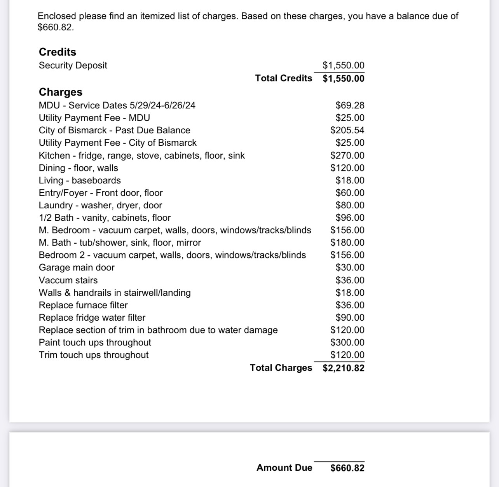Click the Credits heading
[58, 52]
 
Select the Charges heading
[61, 92]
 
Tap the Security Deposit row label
[73, 65]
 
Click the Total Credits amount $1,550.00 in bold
[344, 79]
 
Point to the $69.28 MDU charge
[350, 105]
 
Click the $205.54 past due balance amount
[347, 130]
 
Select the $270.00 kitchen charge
[347, 155]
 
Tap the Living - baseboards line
[80, 180]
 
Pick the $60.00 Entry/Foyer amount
[350, 193]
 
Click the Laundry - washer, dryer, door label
[100, 205]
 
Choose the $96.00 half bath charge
[350, 218]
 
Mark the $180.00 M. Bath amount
[347, 243]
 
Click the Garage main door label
[77, 267]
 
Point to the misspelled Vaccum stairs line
[68, 280]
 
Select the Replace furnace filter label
[83, 305]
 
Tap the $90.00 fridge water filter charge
[350, 318]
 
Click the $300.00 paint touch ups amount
[347, 342]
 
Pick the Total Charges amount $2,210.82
[344, 368]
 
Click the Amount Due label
[284, 468]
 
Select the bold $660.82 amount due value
[347, 468]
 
